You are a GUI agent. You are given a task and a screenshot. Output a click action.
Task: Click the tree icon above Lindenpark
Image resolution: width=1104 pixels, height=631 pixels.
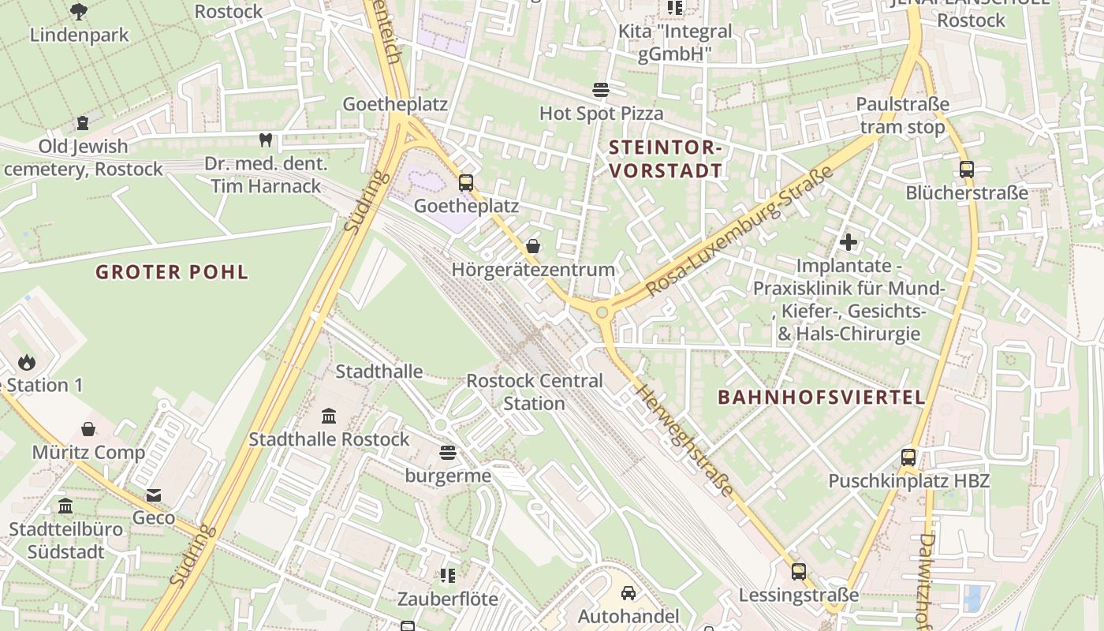[78, 11]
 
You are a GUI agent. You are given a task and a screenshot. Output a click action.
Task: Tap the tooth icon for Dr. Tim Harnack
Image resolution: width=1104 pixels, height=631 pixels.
[265, 140]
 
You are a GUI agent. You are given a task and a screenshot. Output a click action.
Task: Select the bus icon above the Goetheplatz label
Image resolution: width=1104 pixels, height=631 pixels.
[465, 183]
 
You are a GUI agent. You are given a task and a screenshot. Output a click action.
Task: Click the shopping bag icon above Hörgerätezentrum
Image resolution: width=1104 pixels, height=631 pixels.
[533, 246]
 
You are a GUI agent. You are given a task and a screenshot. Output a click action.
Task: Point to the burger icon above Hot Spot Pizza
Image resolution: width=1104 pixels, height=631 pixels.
[601, 90]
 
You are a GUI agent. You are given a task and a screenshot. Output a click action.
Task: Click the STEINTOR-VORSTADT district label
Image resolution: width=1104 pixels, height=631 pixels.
[666, 159]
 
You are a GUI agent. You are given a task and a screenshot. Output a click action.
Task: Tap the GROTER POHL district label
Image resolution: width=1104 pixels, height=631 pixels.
[172, 273]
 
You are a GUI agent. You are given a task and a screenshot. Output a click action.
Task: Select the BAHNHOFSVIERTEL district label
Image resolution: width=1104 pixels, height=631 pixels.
[821, 398]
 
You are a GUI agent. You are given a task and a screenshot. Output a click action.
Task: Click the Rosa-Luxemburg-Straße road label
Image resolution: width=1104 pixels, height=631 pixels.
[740, 231]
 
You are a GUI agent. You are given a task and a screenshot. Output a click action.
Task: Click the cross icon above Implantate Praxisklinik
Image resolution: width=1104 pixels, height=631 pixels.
[849, 242]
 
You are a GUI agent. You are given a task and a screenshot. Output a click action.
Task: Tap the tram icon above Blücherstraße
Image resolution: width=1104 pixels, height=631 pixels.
[966, 169]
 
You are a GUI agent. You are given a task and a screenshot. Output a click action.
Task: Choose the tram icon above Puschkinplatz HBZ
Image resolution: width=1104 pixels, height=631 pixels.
[908, 457]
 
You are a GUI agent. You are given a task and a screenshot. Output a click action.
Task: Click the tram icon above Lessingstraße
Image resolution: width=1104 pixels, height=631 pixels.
[798, 572]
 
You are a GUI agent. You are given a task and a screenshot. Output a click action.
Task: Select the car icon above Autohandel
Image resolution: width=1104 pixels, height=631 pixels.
[628, 592]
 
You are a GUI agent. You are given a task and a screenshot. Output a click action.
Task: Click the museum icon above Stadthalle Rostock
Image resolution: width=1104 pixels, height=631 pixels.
[329, 416]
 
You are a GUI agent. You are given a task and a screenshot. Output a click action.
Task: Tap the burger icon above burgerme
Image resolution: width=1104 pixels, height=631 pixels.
[448, 453]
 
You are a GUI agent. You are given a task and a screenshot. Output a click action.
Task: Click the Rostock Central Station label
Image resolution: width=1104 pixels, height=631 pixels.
[534, 392]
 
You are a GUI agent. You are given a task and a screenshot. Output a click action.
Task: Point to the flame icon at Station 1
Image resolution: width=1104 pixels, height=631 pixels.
[27, 362]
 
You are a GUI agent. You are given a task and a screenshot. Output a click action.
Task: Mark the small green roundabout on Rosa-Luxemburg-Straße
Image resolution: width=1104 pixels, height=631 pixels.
[603, 313]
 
